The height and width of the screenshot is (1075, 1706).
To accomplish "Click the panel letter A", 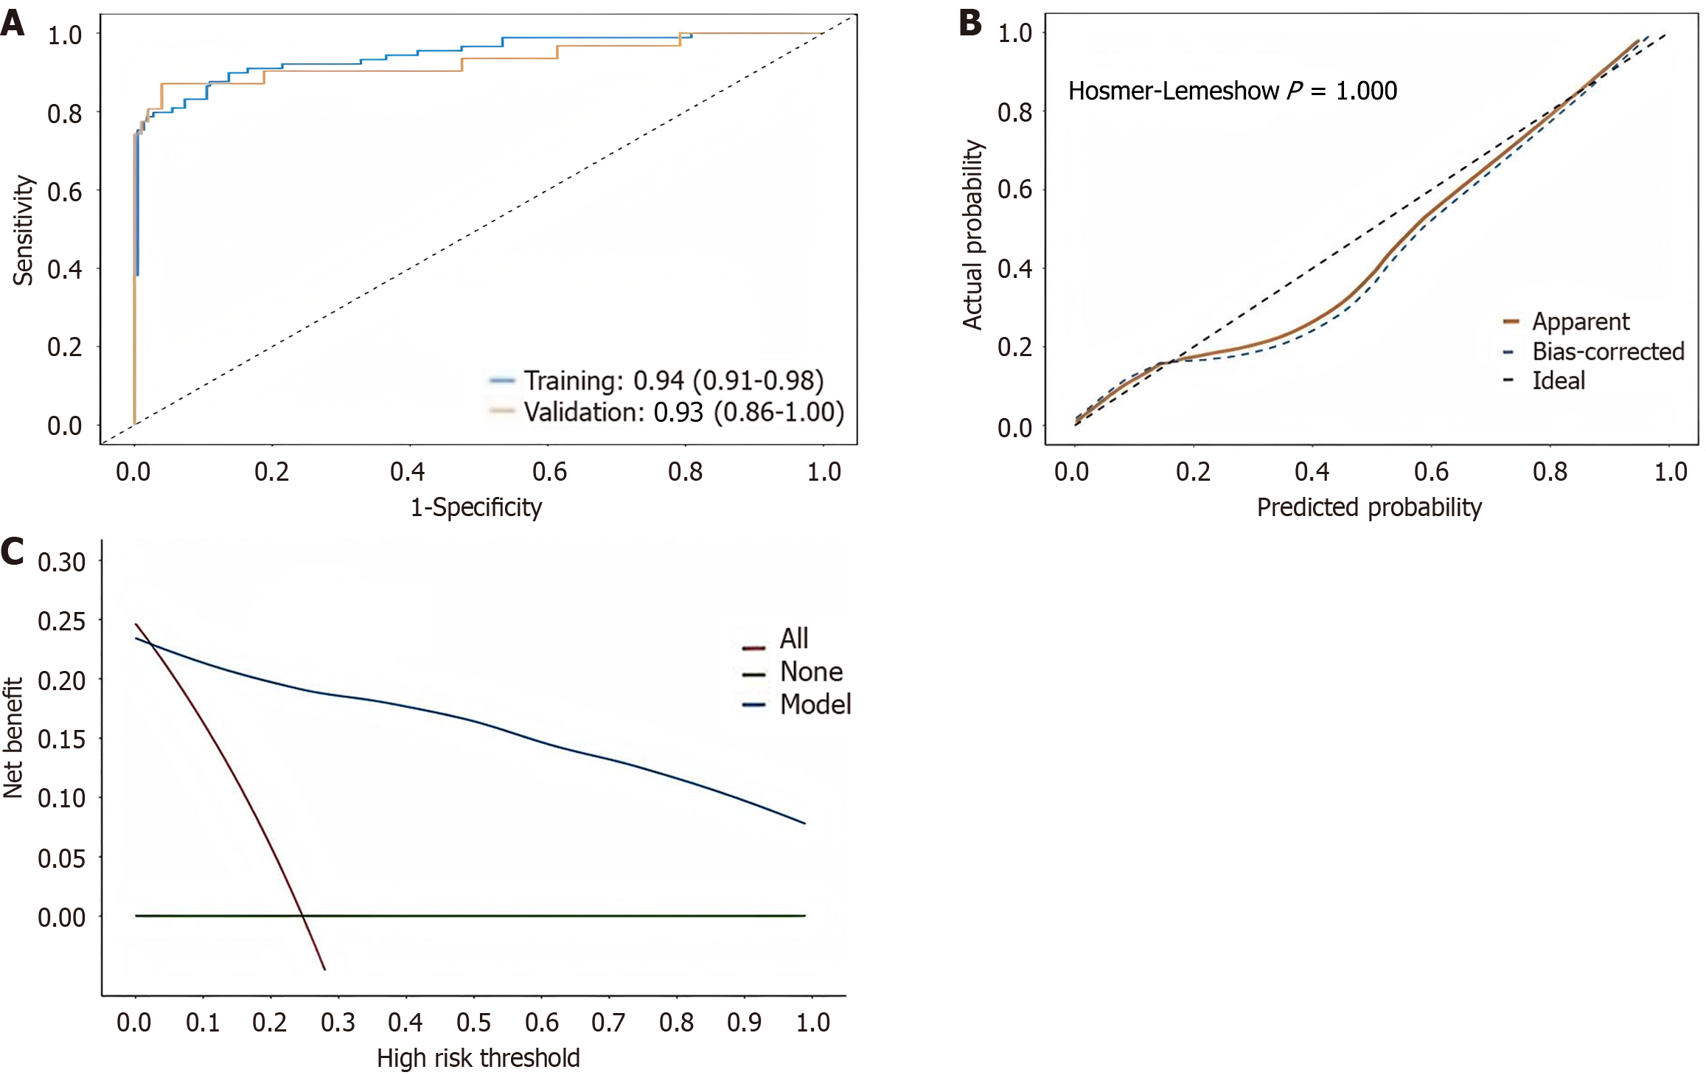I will coord(13,23).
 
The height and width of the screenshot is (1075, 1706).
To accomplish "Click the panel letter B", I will coord(970,23).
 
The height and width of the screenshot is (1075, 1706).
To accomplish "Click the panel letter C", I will coord(13,552).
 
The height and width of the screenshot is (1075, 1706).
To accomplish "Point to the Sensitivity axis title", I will coord(23,230).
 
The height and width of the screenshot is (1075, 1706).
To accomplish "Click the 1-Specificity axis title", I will coord(476,507).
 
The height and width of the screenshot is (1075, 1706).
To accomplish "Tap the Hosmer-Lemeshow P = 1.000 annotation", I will coord(1233,91).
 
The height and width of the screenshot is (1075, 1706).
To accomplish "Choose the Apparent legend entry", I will coord(1581,321).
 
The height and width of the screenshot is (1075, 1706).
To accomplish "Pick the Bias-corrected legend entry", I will coord(1608,351).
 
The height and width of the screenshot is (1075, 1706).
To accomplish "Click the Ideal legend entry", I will coord(1558,380).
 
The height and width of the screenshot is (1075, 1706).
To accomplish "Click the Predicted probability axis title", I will coord(1369,507).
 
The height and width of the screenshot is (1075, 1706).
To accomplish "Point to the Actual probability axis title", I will coord(972,234).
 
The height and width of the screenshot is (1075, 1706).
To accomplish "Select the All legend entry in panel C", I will coord(794,638).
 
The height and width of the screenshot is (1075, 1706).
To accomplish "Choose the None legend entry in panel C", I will coord(811,671).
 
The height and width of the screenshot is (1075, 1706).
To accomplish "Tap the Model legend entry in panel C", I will coord(815,704).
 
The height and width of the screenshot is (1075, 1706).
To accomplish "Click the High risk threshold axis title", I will coord(478,1058).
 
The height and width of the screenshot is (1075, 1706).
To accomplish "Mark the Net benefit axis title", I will coord(13,738).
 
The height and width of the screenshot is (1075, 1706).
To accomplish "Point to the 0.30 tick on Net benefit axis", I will coord(62,562).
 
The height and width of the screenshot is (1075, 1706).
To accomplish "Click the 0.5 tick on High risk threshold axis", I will coord(473,1023).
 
